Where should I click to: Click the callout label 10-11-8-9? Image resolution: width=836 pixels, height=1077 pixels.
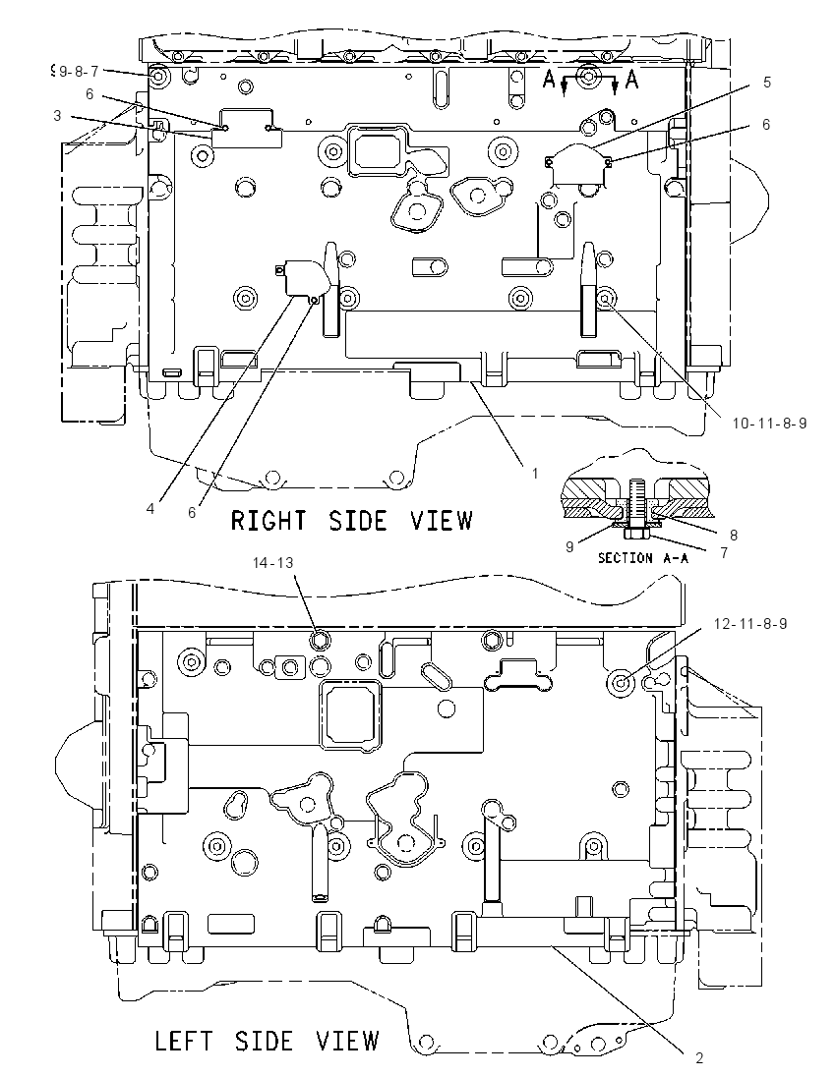coord(768,424)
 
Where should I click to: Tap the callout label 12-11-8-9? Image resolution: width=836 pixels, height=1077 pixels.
coord(750,624)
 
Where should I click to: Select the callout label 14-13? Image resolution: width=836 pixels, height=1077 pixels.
coord(273,562)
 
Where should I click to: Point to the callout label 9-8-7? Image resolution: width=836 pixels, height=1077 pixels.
coord(79,71)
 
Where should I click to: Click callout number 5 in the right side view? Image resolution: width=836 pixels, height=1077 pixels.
coord(766,83)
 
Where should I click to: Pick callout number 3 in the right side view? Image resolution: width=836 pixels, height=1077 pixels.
coord(57,116)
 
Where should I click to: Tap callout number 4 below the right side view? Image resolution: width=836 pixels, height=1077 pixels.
coord(149,508)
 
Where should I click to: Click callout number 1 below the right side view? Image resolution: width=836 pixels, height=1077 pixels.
coord(535,474)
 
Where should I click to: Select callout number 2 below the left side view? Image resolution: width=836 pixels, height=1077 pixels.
coord(699,1057)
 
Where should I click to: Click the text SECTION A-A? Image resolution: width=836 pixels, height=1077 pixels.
coord(643,558)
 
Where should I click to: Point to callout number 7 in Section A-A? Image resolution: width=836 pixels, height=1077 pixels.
coord(724,552)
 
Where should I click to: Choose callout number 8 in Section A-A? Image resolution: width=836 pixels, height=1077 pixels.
coord(734,536)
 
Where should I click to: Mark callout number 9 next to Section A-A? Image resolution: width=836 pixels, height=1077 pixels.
coord(569,547)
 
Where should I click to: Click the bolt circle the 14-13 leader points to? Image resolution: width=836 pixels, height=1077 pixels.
coord(320,642)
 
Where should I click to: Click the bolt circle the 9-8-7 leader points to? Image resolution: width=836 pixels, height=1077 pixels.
coord(157,77)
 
